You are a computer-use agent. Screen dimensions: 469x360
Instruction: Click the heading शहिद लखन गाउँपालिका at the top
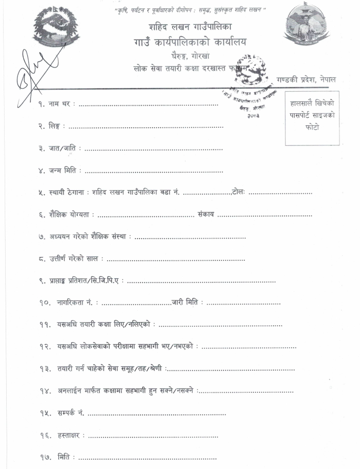coord(191,27)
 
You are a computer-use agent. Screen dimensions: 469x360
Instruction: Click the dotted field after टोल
coord(280,193)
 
